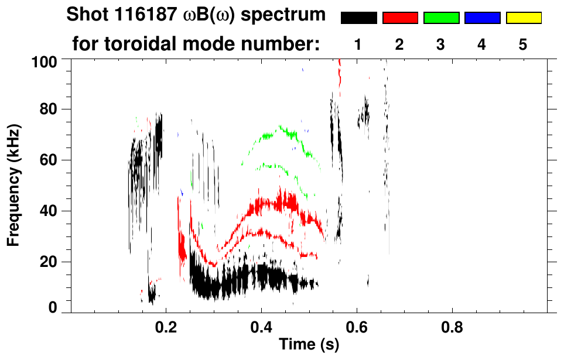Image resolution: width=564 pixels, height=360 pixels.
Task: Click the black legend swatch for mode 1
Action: click(358, 18)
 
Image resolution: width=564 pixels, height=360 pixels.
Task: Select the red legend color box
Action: click(400, 18)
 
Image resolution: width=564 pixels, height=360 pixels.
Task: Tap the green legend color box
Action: click(441, 18)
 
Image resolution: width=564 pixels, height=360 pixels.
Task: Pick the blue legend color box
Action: click(482, 18)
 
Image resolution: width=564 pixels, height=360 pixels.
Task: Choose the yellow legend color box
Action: click(523, 18)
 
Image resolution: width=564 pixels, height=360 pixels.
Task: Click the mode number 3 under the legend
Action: click(441, 44)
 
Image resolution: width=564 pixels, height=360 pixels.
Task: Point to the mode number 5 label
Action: click(523, 44)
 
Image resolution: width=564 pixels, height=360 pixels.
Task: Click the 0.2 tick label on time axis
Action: click(166, 325)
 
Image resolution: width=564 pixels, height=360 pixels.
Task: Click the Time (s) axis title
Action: click(309, 344)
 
